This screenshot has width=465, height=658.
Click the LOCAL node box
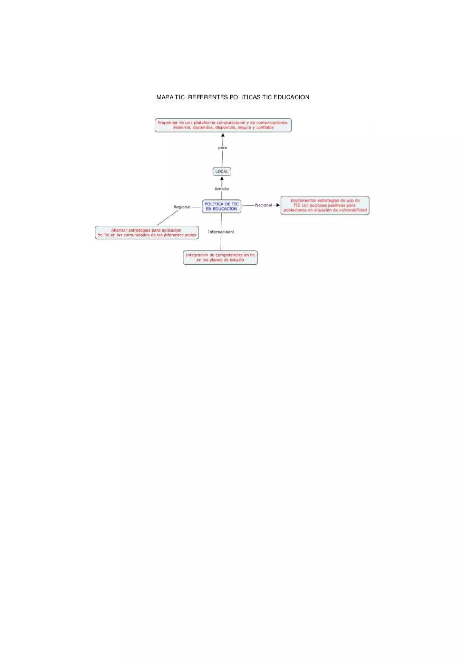pos(222,171)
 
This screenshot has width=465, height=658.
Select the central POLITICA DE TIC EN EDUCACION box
pos(221,206)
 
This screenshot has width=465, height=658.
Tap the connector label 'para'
pos(222,148)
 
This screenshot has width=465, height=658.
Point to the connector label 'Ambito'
pos(221,189)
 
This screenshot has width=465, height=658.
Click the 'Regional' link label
pos(182,207)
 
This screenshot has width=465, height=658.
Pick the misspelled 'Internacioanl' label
pos(221,232)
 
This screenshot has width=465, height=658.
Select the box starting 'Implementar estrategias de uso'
pos(325,205)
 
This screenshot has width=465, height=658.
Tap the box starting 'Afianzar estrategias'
pos(147,233)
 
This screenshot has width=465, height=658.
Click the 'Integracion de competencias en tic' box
pos(220,257)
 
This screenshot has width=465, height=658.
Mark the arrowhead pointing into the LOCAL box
pos(222,178)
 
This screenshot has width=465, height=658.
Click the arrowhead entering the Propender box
pos(223,135)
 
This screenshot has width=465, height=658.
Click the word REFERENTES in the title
pos(208,97)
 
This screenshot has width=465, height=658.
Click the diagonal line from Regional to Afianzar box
pos(168,218)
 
